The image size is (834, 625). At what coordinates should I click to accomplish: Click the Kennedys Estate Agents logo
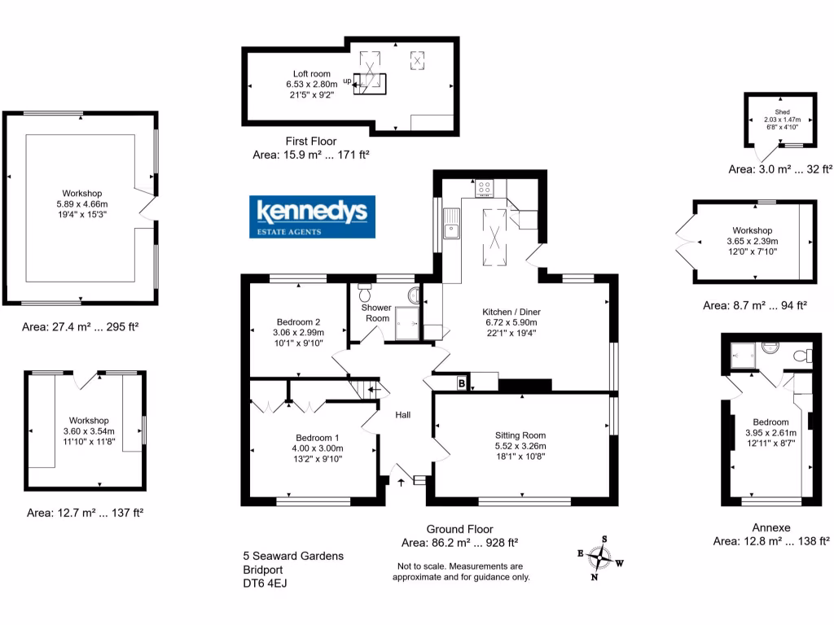(312, 216)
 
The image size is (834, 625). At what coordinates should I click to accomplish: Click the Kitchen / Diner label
(511, 312)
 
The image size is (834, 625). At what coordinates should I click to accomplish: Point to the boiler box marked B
(461, 384)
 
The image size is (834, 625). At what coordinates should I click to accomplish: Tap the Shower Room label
(377, 312)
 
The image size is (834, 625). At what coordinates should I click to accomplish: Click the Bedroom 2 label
(298, 321)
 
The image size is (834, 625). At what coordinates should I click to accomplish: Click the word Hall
(402, 415)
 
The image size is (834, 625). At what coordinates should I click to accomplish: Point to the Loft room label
(308, 74)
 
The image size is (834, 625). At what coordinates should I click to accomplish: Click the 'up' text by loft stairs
(347, 81)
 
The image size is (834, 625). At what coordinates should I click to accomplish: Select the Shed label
(782, 111)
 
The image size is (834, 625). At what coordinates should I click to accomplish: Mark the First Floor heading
(311, 142)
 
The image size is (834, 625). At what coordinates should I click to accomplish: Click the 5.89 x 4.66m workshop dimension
(81, 203)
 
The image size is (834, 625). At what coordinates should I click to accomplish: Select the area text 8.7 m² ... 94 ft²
(754, 305)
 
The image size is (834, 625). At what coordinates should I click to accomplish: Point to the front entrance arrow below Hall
(401, 482)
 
